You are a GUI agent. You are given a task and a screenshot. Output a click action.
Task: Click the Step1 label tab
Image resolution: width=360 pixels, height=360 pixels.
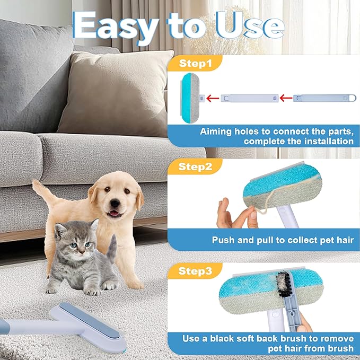pos(195,64)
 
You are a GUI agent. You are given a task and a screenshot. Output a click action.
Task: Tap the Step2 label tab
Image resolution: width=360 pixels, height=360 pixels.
pos(195,168)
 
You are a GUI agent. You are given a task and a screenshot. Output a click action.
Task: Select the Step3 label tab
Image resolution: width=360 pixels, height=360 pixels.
pos(195,271)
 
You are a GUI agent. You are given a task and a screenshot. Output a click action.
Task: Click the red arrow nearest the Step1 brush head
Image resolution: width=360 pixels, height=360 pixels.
pos(212,98)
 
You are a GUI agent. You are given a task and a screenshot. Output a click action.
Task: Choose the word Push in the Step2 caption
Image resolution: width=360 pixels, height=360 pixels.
pos(223,240)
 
